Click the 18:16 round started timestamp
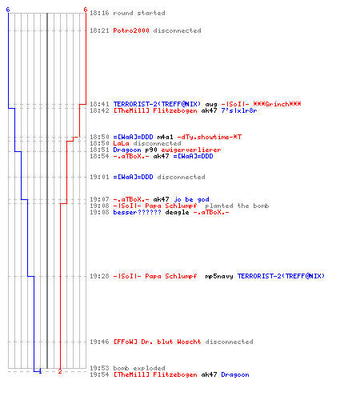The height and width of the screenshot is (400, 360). tap(99, 13)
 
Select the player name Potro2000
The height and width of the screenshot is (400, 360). tap(131, 30)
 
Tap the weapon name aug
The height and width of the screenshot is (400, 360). tap(211, 105)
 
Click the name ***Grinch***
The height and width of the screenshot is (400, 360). tap(277, 104)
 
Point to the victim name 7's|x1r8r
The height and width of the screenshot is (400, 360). tap(239, 110)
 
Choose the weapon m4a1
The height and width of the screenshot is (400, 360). tap(165, 137)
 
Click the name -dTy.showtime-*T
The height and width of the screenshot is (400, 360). tap(210, 137)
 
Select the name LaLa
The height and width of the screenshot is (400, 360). tap(121, 143)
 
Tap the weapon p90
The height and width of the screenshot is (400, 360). tap(151, 150)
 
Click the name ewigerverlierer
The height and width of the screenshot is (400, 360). tap(191, 150)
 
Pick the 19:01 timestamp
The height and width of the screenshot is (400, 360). tap(99, 177)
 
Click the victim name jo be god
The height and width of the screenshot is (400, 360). tap(191, 199)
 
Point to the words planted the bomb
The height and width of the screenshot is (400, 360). tap(237, 206)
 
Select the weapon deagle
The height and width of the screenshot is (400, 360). tap(177, 213)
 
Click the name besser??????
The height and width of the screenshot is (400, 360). tap(137, 212)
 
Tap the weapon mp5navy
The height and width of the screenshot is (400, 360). tap(219, 277)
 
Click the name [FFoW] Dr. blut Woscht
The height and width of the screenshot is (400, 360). tap(157, 342)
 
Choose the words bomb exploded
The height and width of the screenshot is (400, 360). tap(139, 368)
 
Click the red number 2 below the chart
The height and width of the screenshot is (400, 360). tap(60, 371)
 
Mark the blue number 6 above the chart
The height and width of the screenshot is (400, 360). tap(8, 10)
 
